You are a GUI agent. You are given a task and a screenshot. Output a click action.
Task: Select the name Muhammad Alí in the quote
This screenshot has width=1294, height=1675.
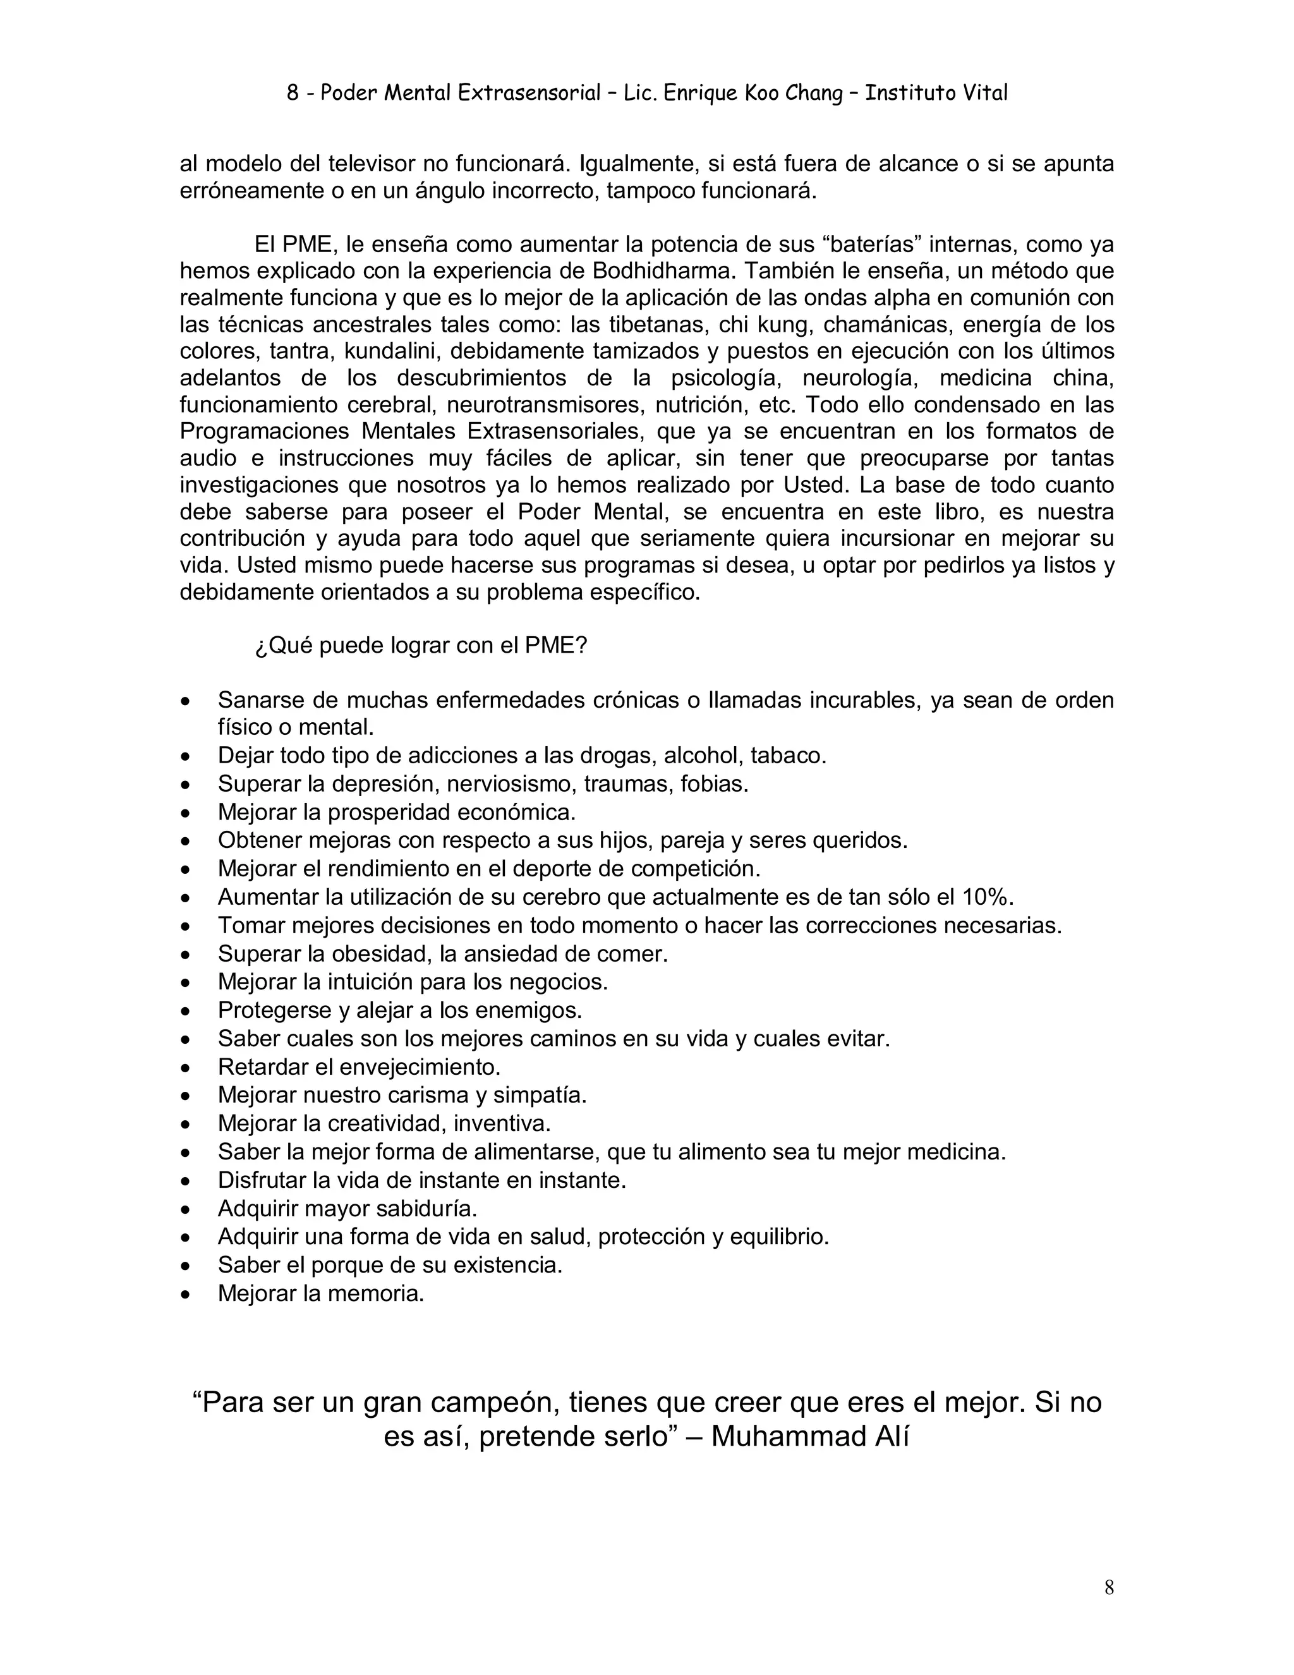coord(810,1436)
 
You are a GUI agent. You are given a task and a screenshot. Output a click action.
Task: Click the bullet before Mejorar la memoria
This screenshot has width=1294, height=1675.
coord(185,1295)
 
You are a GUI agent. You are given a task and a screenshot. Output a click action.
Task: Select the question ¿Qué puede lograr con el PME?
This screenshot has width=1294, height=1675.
coord(420,646)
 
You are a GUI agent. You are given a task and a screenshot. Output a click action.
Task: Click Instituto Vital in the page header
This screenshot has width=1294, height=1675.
coord(936,93)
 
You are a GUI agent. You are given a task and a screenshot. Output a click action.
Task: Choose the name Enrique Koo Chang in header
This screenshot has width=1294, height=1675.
coord(753,93)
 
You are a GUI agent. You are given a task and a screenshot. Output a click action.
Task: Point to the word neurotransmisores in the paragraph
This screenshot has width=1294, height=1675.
coord(566,404)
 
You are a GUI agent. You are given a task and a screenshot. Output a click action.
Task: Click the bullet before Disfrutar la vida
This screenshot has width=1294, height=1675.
coord(185,1181)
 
